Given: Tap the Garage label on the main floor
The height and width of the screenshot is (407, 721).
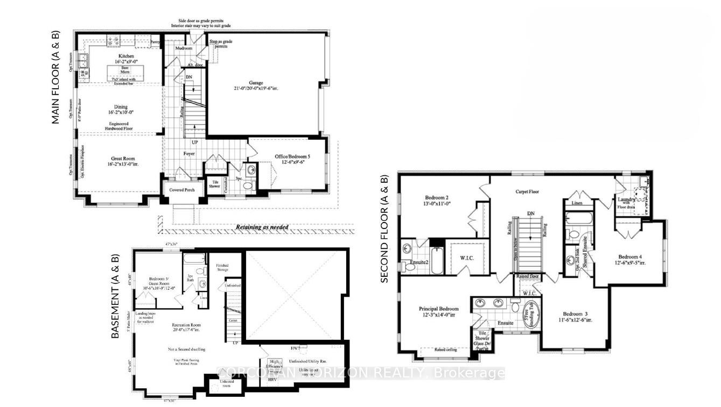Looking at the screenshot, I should tap(256, 83).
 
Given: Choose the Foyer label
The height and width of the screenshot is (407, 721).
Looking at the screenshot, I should tap(188, 154).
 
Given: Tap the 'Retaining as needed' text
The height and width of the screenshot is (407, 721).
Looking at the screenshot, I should tap(262, 227).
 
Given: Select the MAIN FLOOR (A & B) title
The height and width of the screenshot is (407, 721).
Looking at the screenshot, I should tap(55, 78).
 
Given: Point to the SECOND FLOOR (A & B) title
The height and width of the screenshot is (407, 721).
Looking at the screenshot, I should tap(384, 228).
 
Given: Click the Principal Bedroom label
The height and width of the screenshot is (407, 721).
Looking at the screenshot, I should tap(439, 309).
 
